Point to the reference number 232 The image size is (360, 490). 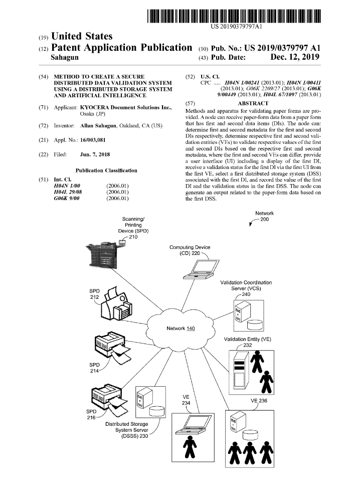click(x=248, y=345)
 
